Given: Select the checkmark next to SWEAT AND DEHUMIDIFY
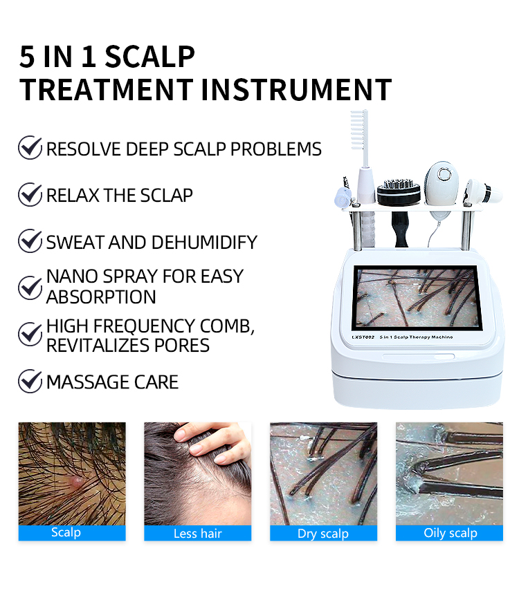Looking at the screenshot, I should (30, 241).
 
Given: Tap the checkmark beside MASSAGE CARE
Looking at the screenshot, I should (30, 381).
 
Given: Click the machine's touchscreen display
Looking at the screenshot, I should (417, 297).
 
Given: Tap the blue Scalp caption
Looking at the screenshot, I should (66, 532).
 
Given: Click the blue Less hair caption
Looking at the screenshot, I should (197, 533).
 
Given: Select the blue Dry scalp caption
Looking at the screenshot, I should (323, 533).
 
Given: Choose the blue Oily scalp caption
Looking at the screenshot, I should (450, 532).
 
